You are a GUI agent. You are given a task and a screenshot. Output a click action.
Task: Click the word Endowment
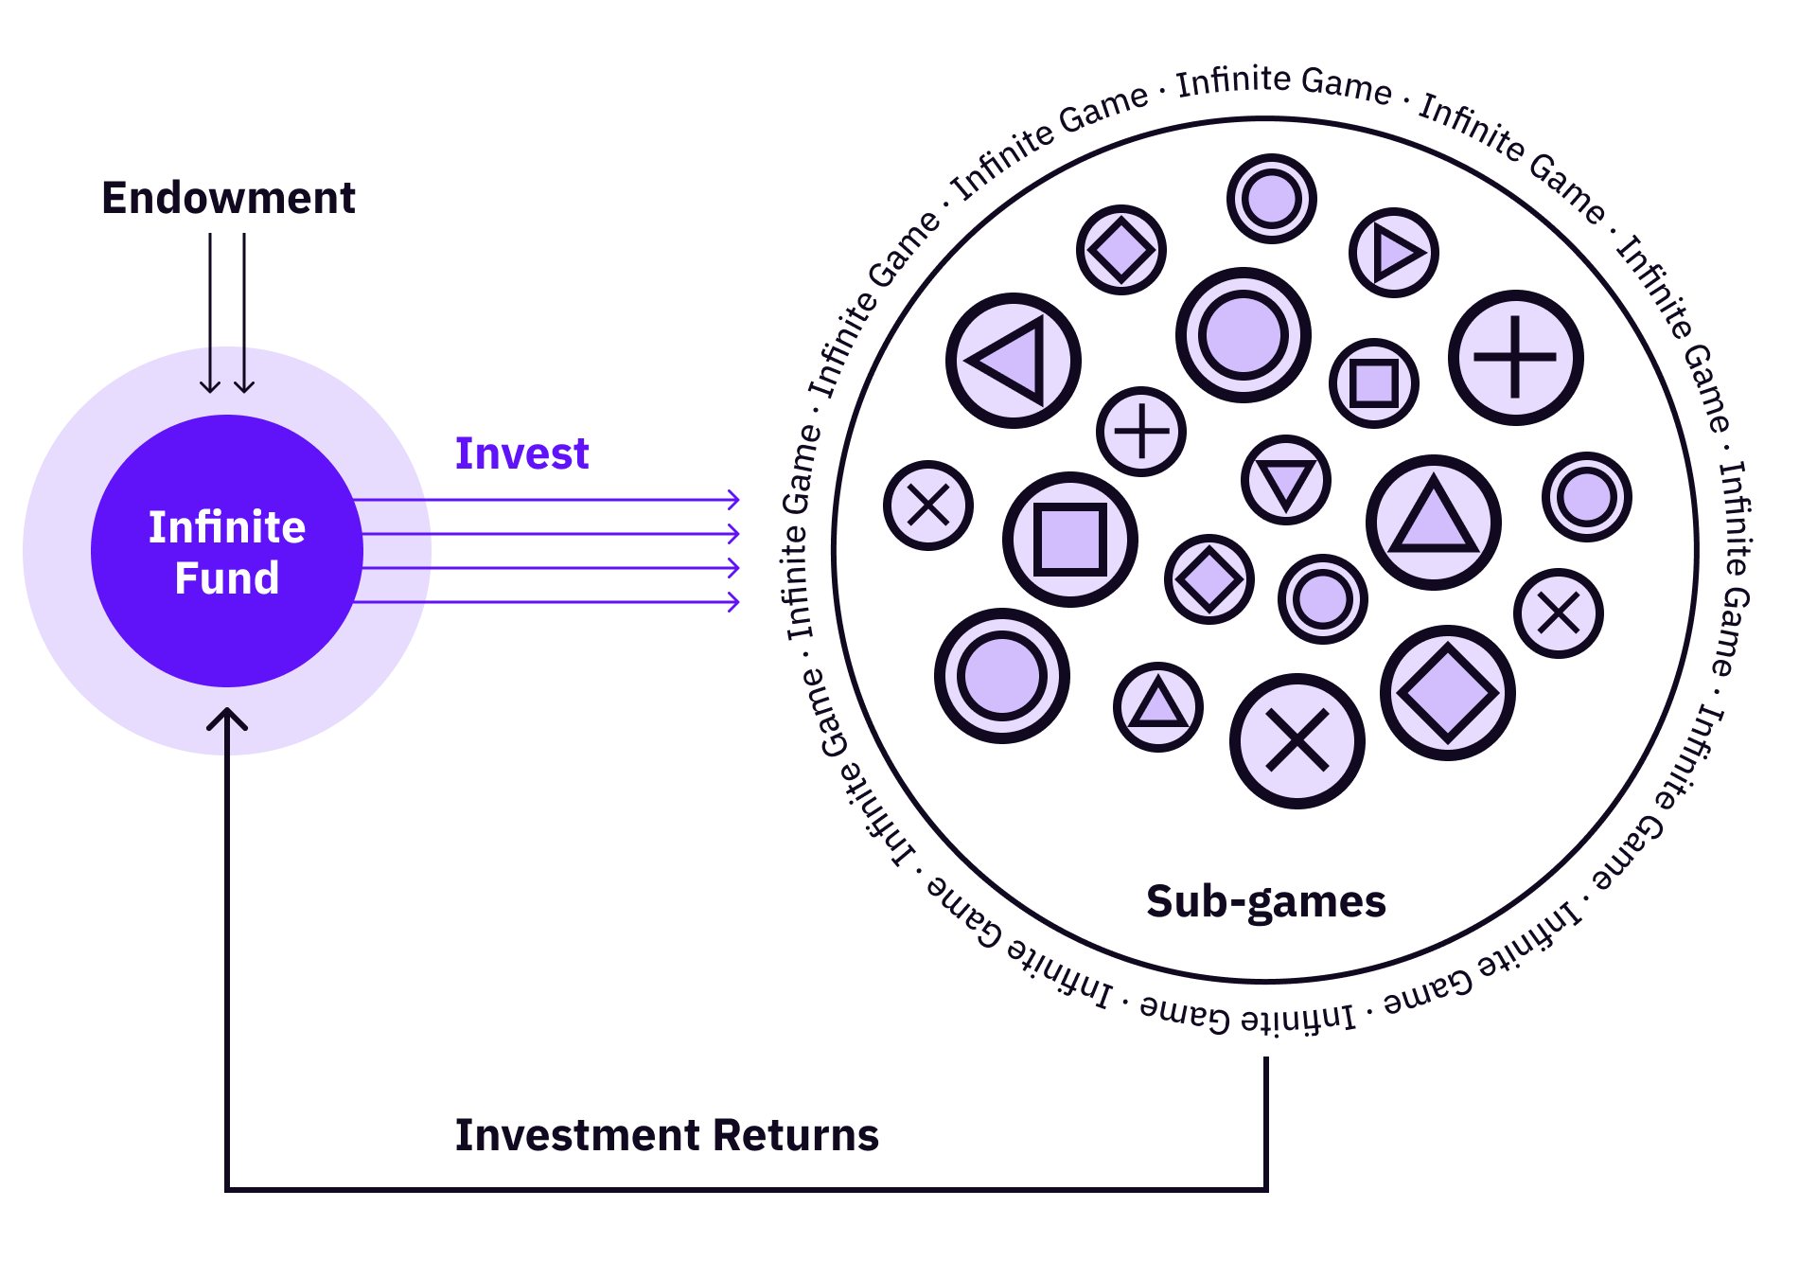[x=228, y=199]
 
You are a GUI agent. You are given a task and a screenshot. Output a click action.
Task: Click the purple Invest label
[x=521, y=453]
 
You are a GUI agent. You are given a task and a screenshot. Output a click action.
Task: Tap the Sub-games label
[x=1265, y=902]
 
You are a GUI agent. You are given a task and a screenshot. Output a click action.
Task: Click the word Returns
[x=796, y=1135]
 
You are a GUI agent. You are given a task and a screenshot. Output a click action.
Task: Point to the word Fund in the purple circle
[x=227, y=578]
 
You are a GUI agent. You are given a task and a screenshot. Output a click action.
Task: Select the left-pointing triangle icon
[x=1014, y=361]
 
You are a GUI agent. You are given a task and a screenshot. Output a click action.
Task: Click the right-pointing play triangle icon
[x=1394, y=253]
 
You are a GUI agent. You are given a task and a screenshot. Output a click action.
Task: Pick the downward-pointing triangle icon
[x=1286, y=480]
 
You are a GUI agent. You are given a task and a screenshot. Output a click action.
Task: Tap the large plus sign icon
[x=1515, y=358]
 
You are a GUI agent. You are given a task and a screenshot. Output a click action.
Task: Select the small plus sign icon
[x=1141, y=432]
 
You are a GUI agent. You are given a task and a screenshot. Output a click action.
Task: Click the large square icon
[x=1070, y=540]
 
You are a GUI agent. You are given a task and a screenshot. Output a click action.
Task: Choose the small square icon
[x=1374, y=383]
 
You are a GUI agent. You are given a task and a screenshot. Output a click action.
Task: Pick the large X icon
[x=1297, y=741]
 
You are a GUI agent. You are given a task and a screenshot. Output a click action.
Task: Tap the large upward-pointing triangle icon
[x=1434, y=523]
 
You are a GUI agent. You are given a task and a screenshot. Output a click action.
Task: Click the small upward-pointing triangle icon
[x=1158, y=707]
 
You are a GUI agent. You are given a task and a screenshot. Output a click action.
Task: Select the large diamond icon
[x=1448, y=693]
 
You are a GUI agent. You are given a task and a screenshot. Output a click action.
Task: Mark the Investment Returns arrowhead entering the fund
[x=227, y=716]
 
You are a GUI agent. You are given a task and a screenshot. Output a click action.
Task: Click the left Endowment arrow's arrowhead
[x=210, y=386]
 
